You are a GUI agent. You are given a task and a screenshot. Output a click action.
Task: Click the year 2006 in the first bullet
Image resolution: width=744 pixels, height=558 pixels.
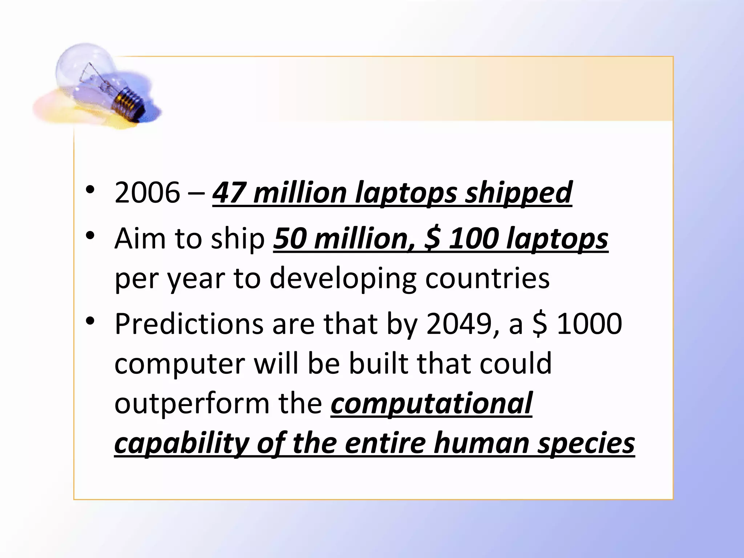[x=147, y=193]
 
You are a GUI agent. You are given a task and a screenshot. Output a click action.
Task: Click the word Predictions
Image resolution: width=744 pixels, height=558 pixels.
[x=189, y=324]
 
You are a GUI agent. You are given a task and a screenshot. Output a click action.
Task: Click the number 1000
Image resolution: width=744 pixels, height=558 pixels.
[x=589, y=324]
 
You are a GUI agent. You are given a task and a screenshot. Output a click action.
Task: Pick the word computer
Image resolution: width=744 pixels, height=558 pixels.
[x=180, y=364]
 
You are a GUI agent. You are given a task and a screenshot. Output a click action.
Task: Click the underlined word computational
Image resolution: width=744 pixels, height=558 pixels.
[x=431, y=404]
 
